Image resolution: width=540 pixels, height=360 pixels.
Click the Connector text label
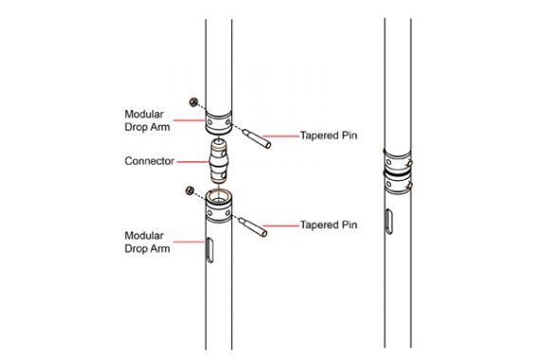tap(149, 161)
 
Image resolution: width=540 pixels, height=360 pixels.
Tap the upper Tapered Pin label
tap(329, 135)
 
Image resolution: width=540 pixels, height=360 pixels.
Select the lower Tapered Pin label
tap(329, 225)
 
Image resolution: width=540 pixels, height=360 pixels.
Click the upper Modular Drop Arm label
tap(147, 120)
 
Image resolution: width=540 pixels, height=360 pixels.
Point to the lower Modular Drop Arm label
tap(147, 242)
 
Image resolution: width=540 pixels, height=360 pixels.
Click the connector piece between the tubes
tap(218, 161)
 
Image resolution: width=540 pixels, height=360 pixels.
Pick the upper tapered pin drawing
tap(257, 138)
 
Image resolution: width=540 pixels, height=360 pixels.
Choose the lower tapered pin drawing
tap(253, 227)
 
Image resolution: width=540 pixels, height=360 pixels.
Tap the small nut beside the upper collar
tap(193, 102)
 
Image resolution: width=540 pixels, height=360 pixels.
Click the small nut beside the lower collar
tap(189, 190)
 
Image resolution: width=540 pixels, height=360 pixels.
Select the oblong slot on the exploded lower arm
tap(209, 250)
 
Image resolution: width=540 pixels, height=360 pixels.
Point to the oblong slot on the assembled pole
tap(388, 222)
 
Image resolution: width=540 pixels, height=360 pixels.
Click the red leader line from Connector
tap(192, 162)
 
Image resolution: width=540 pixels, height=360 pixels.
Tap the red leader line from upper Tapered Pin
tap(280, 136)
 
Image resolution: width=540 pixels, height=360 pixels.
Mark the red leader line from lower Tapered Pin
tap(281, 226)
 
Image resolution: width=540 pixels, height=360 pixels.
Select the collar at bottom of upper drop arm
tap(219, 122)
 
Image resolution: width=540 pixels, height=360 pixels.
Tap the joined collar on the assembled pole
tap(398, 171)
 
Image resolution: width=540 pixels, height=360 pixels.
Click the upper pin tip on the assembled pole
tap(409, 163)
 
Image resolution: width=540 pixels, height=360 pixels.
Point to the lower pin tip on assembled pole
tap(409, 186)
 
